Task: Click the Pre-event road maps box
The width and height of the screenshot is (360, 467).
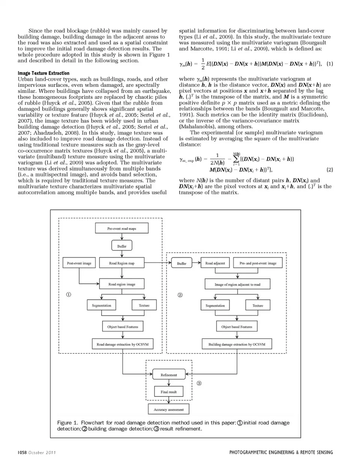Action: (122, 228)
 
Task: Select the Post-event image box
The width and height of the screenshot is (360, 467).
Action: (79, 263)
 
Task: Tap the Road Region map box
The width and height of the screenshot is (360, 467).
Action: (122, 263)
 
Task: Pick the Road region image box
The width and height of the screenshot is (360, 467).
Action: (122, 284)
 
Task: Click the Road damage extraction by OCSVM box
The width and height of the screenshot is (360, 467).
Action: (123, 344)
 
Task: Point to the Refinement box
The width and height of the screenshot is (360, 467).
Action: (169, 375)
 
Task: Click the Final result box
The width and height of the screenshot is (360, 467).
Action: (169, 392)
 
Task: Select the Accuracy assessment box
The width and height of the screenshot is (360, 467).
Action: (169, 409)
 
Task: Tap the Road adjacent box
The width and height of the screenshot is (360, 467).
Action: (215, 263)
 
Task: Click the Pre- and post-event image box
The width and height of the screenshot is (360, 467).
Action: (258, 263)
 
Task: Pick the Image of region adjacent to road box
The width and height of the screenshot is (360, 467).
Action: (237, 284)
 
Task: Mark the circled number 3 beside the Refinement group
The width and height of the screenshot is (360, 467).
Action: (199, 383)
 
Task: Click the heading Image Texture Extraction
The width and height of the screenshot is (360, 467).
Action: (43, 73)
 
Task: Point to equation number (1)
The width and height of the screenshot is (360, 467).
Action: (330, 64)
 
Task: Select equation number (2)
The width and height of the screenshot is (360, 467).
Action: (330, 170)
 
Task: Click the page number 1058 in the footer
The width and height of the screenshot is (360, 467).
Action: (22, 452)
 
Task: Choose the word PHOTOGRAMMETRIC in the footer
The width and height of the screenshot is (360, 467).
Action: (252, 452)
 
